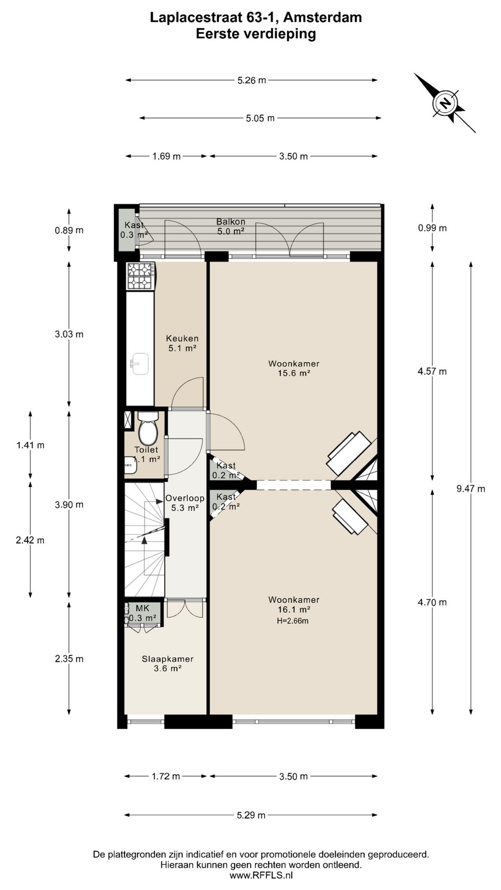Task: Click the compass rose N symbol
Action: [x=445, y=103]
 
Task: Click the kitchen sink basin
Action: [x=139, y=363]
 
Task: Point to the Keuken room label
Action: [x=182, y=343]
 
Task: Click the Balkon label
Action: [x=231, y=226]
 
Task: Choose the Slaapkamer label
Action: [x=167, y=663]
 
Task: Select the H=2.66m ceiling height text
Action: [x=293, y=621]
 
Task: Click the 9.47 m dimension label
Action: [x=471, y=489]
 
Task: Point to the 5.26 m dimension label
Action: [x=252, y=80]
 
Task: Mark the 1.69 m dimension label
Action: [x=167, y=156]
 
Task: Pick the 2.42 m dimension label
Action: [x=30, y=540]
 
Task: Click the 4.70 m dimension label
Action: [x=432, y=602]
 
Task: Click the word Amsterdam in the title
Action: [x=322, y=18]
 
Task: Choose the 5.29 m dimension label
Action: [x=251, y=815]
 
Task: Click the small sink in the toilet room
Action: [x=130, y=465]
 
